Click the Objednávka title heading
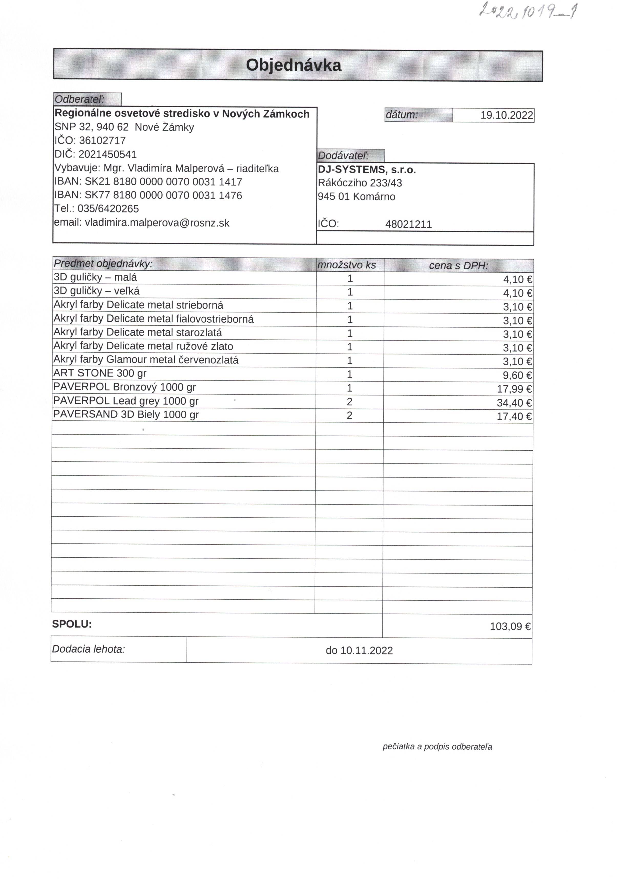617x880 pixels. coord(293,65)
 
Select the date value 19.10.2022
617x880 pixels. coord(507,115)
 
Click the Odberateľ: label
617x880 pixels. coord(80,99)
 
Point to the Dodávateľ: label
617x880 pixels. coord(343,156)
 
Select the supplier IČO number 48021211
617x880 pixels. coord(409,224)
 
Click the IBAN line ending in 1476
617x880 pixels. coord(148,195)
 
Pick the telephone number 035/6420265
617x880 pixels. coord(108,209)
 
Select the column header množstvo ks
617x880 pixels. coord(347,265)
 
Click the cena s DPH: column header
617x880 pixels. coord(458,265)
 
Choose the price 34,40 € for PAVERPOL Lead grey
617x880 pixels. coord(514,403)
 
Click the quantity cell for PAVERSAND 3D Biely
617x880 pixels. coord(349,416)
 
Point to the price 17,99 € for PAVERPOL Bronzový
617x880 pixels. coord(514,389)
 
